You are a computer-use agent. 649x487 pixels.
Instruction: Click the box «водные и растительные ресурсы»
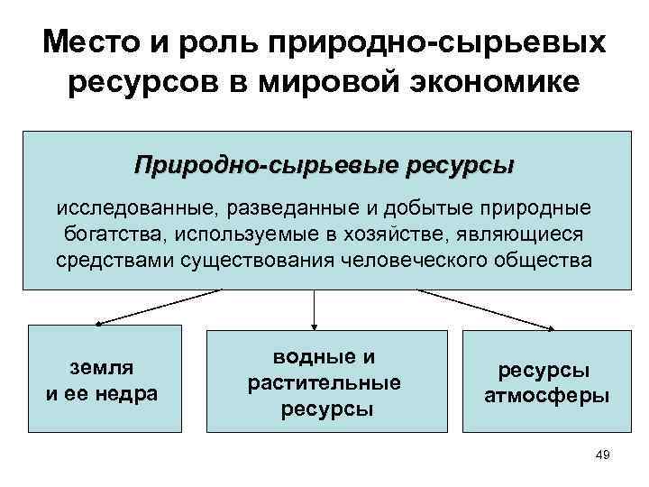324,381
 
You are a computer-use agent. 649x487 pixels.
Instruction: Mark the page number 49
603,455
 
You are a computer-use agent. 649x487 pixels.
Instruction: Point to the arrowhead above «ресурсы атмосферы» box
550,327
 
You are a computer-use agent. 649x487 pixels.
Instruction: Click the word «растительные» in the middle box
324,382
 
